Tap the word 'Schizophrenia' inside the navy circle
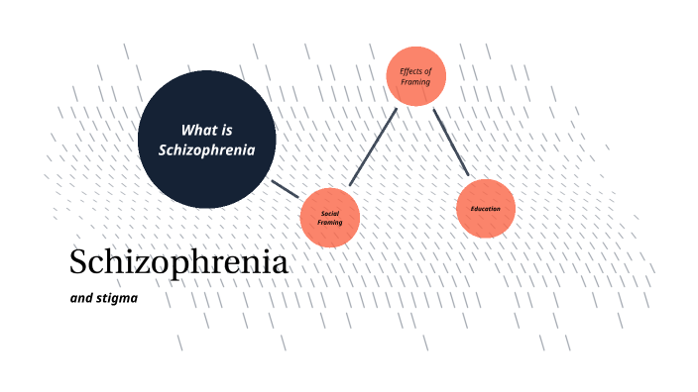[x=207, y=150]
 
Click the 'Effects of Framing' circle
[x=415, y=76]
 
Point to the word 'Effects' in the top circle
[x=410, y=71]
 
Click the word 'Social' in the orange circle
[x=330, y=213]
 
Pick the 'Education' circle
[x=486, y=208]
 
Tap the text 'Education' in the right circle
[x=486, y=208]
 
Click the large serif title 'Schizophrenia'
[x=178, y=263]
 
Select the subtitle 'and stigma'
[x=103, y=296]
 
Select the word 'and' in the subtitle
[x=80, y=296]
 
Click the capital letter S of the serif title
[x=79, y=263]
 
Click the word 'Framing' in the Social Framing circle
[x=330, y=223]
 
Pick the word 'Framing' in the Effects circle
[x=415, y=82]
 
